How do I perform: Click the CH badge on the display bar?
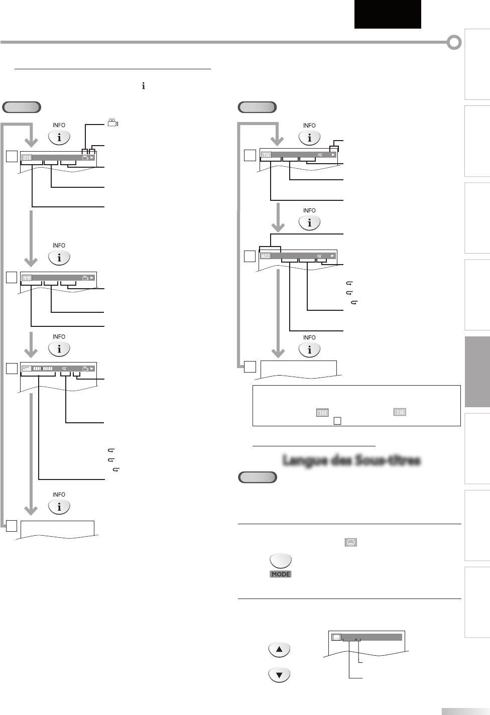pyautogui.click(x=27, y=158)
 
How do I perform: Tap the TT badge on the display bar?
pyautogui.click(x=27, y=278)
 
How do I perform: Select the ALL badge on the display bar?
pyautogui.click(x=266, y=256)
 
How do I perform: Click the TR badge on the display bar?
pyautogui.click(x=266, y=155)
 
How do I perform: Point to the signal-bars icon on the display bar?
pyautogui.click(x=27, y=369)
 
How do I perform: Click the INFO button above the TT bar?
pyautogui.click(x=59, y=258)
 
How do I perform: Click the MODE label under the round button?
pyautogui.click(x=281, y=574)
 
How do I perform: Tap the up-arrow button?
pyautogui.click(x=279, y=650)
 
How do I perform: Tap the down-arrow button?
pyautogui.click(x=279, y=675)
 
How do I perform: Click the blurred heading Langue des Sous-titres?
pyautogui.click(x=351, y=460)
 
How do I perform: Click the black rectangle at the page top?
pyautogui.click(x=387, y=14)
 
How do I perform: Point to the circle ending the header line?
pyautogui.click(x=454, y=43)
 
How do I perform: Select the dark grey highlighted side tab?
pyautogui.click(x=477, y=372)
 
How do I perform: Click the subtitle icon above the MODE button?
pyautogui.click(x=351, y=542)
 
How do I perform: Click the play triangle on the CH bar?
pyautogui.click(x=92, y=158)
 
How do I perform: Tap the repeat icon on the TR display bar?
pyautogui.click(x=320, y=155)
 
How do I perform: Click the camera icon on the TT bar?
pyautogui.click(x=85, y=278)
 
